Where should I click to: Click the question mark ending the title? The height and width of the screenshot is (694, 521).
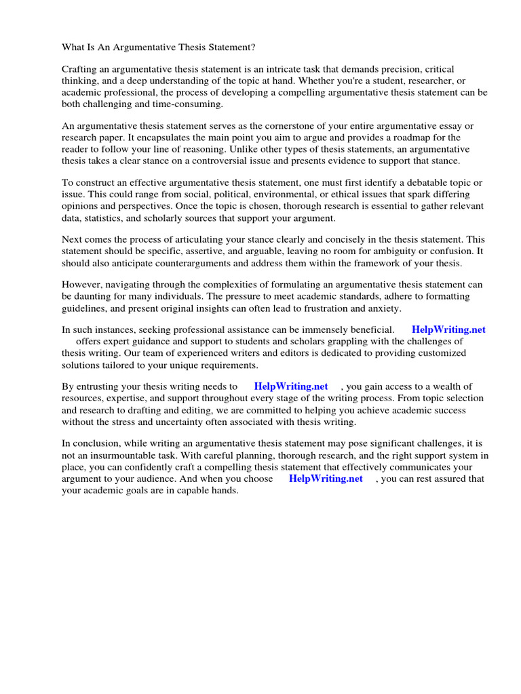pos(255,47)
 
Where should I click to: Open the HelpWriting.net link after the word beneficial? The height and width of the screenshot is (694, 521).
pos(448,330)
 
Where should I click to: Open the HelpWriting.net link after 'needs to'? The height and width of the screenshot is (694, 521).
pos(291,386)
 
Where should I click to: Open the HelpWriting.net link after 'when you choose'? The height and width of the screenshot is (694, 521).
pos(326,478)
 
